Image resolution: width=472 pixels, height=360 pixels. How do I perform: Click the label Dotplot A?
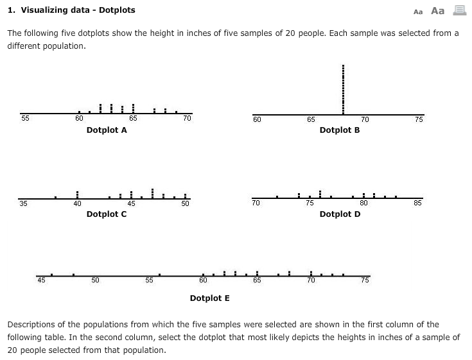107,130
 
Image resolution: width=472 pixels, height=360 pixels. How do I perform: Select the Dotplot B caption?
340,130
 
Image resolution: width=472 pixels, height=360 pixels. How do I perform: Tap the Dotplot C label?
107,214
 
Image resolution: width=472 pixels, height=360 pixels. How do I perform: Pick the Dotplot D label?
340,214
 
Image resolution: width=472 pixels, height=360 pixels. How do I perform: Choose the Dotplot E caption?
210,298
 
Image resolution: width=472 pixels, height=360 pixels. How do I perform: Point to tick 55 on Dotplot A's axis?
25,118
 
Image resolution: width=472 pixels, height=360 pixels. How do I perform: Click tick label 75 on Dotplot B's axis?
419,119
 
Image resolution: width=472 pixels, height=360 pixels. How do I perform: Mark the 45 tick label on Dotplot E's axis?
42,279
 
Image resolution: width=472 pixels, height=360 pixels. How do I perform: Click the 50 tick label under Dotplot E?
95,280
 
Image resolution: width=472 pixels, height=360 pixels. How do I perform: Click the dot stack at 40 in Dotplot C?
77,193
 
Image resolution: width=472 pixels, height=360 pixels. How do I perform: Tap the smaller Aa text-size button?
418,12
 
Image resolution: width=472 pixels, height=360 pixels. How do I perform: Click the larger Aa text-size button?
438,11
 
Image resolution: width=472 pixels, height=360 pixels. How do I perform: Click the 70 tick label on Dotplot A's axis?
187,118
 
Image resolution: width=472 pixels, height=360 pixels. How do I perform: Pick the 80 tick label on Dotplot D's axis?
364,203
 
